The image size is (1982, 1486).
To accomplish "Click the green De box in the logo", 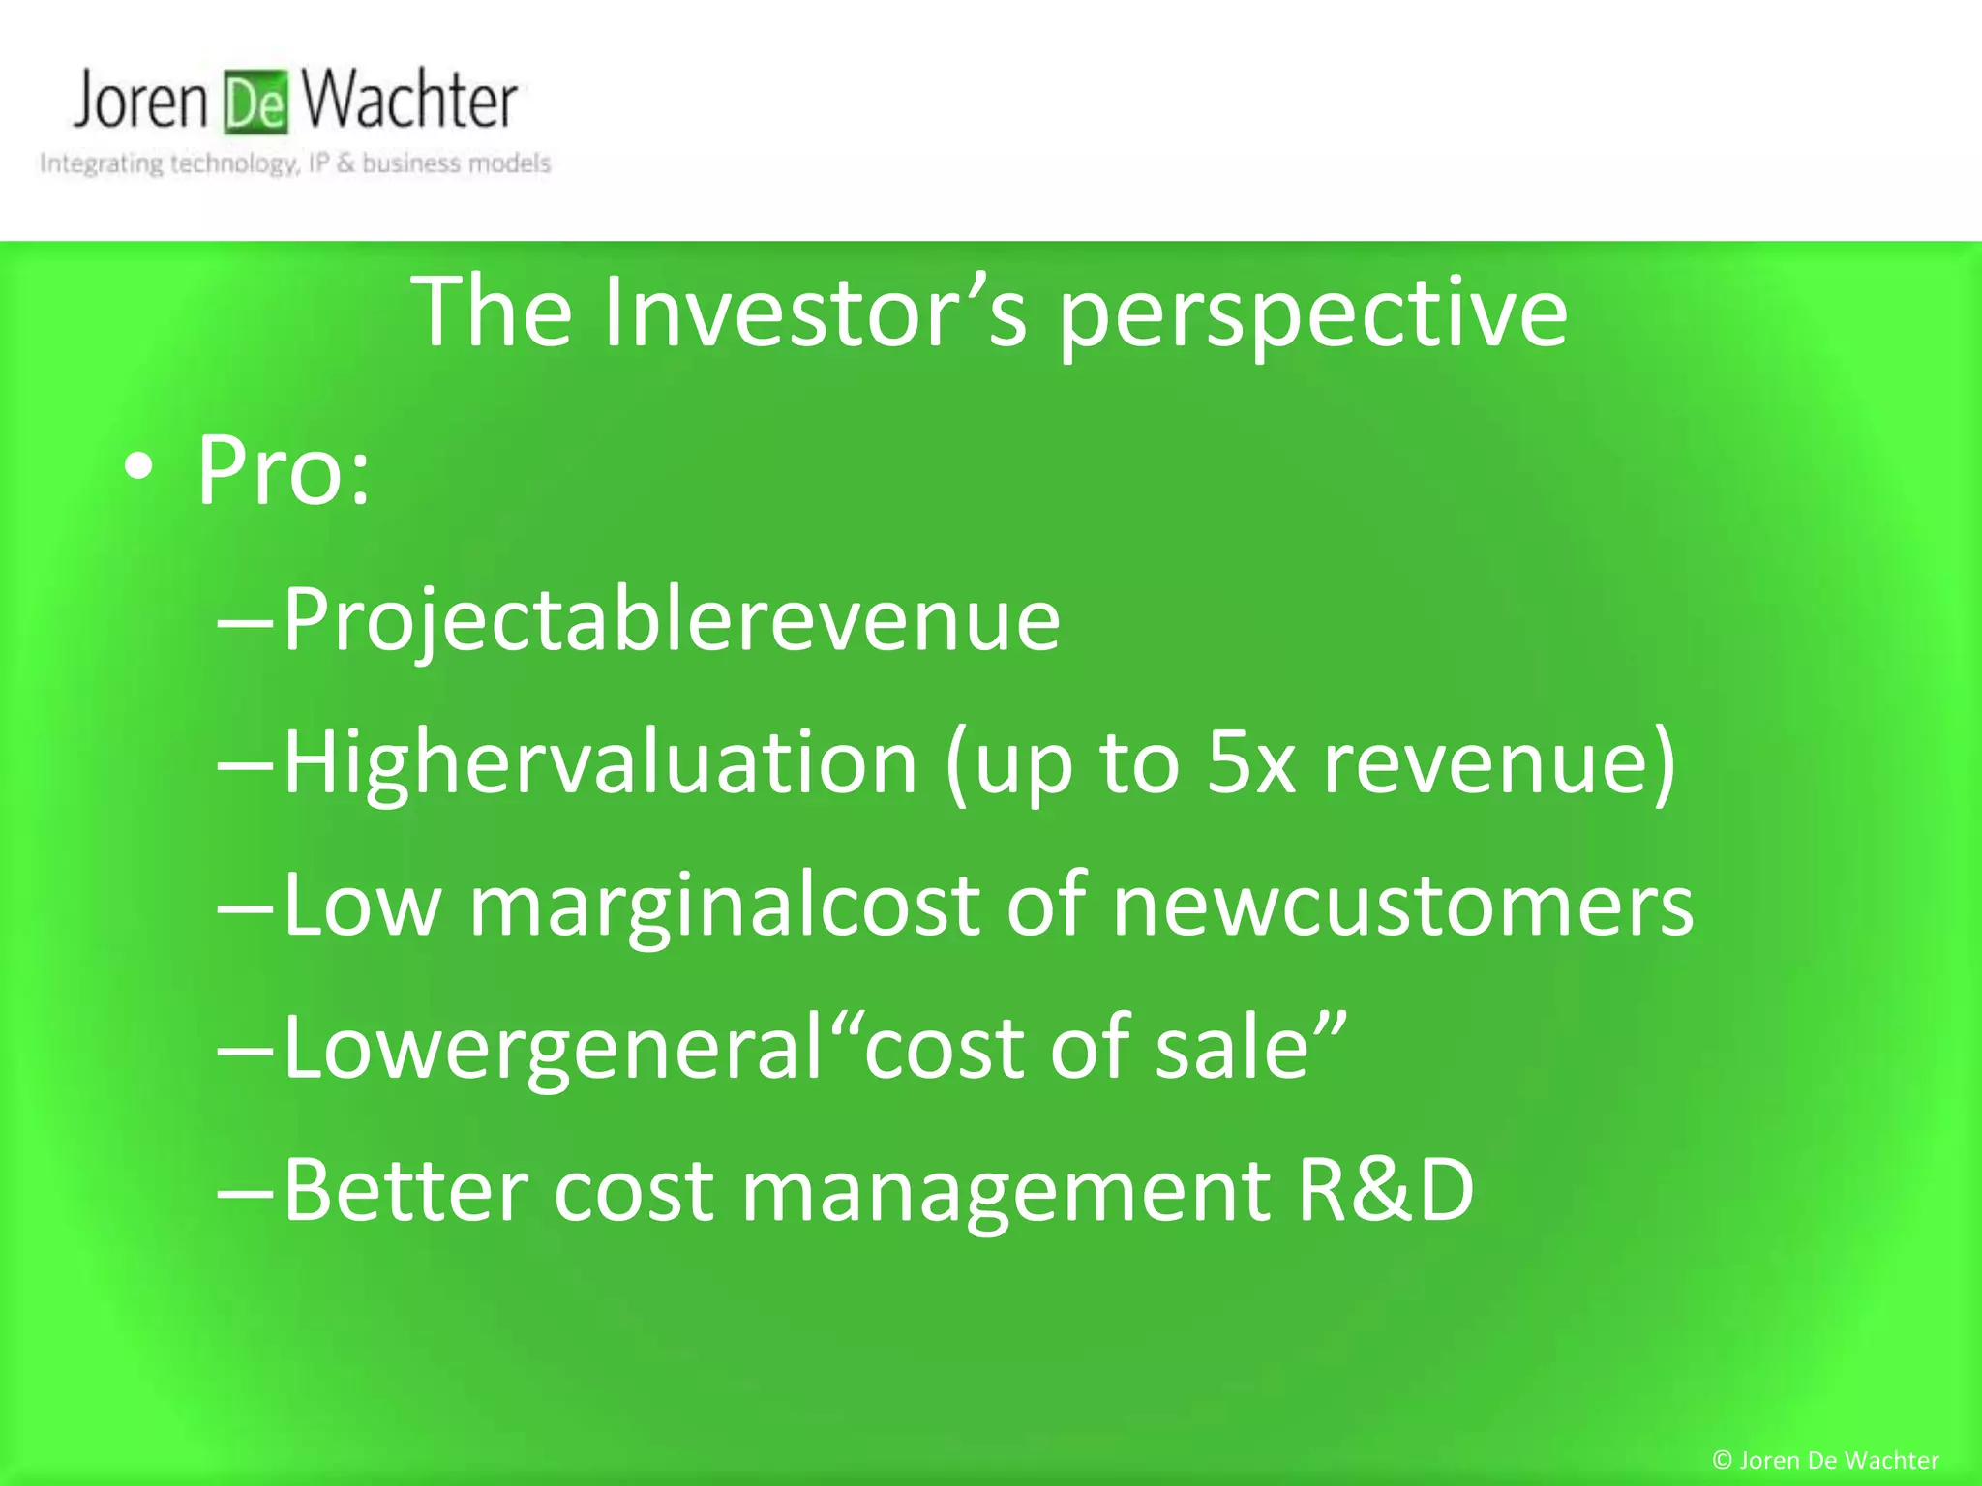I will [256, 103].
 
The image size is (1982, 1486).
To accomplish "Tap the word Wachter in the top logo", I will [408, 101].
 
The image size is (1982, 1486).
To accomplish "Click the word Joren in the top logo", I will [141, 101].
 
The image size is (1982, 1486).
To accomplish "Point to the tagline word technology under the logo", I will [233, 163].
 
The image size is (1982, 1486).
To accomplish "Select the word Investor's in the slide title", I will [814, 312].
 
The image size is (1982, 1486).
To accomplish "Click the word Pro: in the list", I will [284, 471].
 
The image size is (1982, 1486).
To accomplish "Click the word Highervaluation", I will [600, 763].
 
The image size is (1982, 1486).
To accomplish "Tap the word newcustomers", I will [1402, 906].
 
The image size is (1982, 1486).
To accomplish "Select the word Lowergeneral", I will [552, 1049].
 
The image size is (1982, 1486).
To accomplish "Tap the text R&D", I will [1385, 1191].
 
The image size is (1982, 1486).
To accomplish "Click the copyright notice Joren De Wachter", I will [1825, 1460].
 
